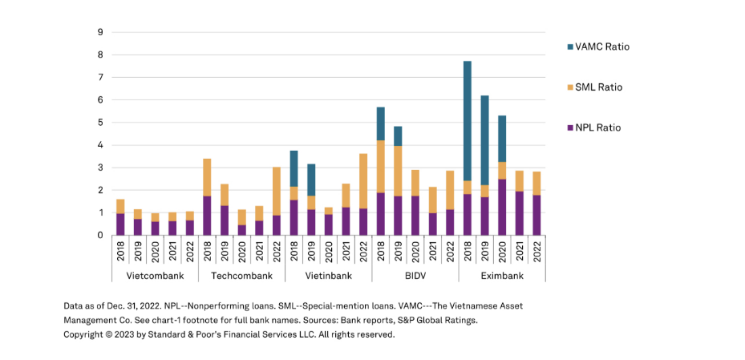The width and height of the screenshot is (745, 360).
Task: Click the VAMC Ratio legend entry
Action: point(601,47)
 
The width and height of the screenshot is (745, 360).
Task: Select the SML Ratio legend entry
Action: point(598,87)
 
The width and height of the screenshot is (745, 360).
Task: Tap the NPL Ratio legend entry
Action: point(598,127)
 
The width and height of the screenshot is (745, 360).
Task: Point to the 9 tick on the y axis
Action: point(100,33)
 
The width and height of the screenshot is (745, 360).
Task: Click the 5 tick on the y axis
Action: point(100,123)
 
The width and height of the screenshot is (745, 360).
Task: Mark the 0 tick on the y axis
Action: point(100,236)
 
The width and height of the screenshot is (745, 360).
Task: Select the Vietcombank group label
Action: point(155,276)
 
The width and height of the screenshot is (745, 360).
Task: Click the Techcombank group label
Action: point(241,276)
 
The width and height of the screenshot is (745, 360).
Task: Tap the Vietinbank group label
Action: point(328,276)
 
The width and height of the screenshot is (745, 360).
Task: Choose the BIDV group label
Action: point(415,276)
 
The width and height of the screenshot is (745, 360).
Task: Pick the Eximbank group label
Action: point(502,276)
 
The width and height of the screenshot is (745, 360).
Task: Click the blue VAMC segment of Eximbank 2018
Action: point(468,120)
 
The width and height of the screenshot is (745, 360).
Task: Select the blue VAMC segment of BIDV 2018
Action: point(381,123)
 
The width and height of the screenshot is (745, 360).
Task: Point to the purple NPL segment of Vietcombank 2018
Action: point(120,224)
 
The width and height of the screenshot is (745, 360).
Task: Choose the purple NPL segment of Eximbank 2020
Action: point(502,207)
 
